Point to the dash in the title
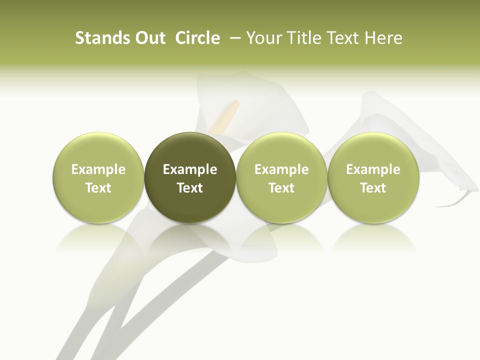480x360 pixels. coord(233,38)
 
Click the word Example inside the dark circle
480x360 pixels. coord(190,169)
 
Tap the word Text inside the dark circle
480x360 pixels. coord(190,188)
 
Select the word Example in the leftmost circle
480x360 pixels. coord(98,169)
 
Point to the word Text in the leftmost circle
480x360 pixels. coord(98,188)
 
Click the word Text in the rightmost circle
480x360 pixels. coord(373,188)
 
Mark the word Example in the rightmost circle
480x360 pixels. coord(373,169)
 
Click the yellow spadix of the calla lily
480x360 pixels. coord(227,116)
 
